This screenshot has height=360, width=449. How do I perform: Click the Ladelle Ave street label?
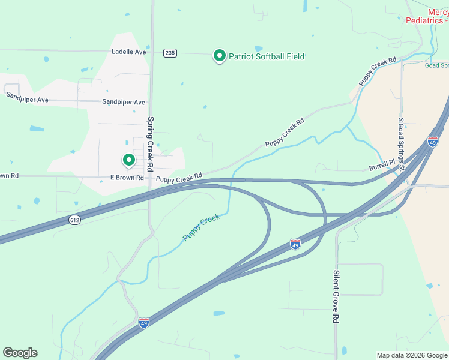129,52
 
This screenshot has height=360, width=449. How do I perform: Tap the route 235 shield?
170,53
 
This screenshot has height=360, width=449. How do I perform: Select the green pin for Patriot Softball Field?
220,56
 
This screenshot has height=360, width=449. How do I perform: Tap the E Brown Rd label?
127,178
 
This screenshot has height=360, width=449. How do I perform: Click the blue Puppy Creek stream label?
202,228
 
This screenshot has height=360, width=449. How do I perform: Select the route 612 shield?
74,220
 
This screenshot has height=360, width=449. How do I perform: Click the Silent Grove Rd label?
336,296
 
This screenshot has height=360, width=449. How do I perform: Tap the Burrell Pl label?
382,163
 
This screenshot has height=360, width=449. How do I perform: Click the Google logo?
20,353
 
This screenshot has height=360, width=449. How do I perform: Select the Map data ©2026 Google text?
411,355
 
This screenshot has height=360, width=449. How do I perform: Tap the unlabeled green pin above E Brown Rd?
128,160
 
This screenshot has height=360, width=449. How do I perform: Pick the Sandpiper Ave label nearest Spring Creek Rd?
124,103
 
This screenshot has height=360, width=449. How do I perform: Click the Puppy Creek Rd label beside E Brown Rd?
179,178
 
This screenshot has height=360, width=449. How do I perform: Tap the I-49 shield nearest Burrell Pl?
433,142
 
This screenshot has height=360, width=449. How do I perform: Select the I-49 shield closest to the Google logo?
144,323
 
